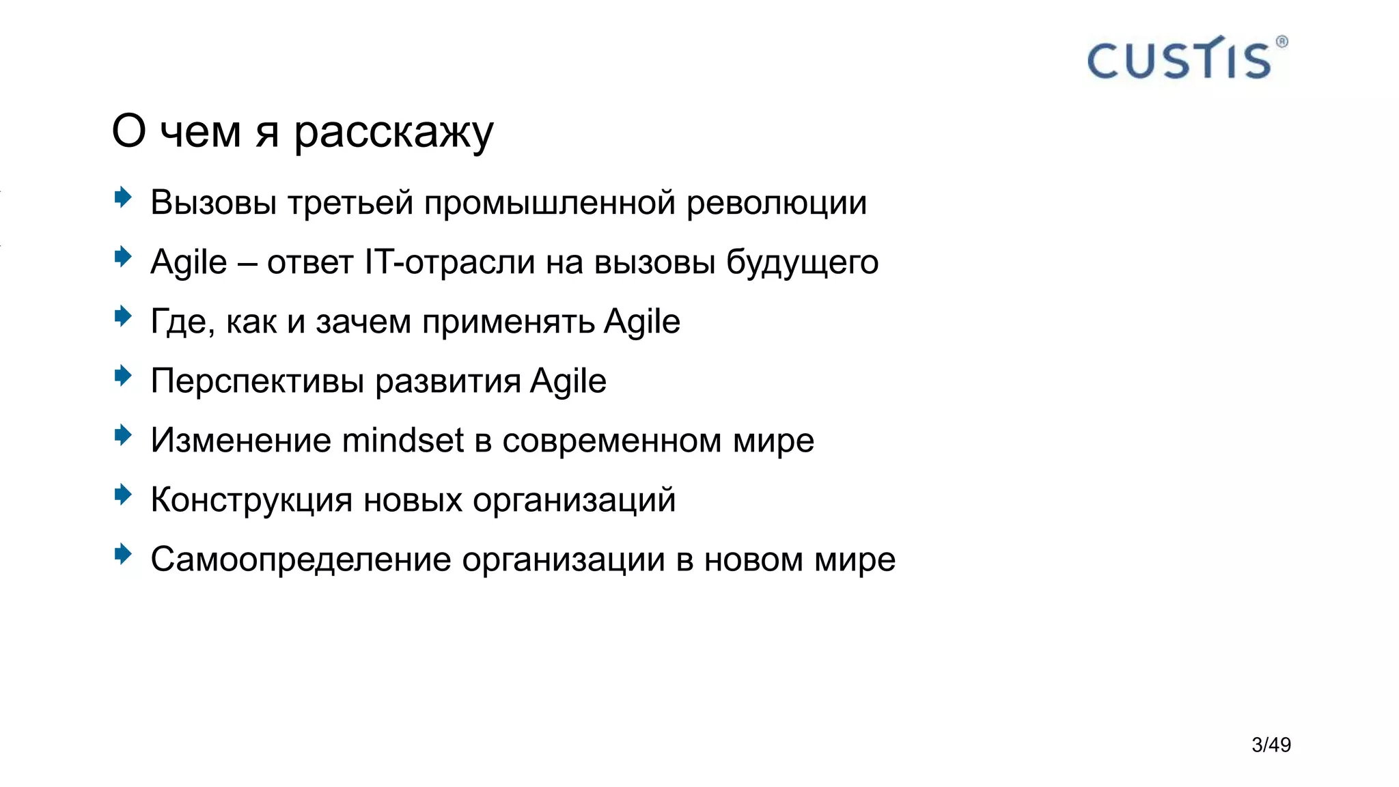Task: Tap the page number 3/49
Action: click(1271, 745)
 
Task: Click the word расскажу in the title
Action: click(393, 132)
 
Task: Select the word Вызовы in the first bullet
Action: click(213, 202)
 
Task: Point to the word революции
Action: click(777, 203)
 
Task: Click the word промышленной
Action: click(550, 203)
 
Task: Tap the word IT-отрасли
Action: click(449, 262)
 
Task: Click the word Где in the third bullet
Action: click(179, 322)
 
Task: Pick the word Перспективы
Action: click(258, 381)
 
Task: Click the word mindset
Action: click(403, 441)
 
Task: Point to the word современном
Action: click(612, 441)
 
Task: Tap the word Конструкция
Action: click(251, 500)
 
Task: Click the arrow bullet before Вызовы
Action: click(123, 198)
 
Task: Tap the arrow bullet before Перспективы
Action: click(123, 376)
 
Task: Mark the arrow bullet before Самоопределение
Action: click(123, 554)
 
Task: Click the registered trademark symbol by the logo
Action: click(1282, 42)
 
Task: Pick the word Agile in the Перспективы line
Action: click(568, 381)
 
